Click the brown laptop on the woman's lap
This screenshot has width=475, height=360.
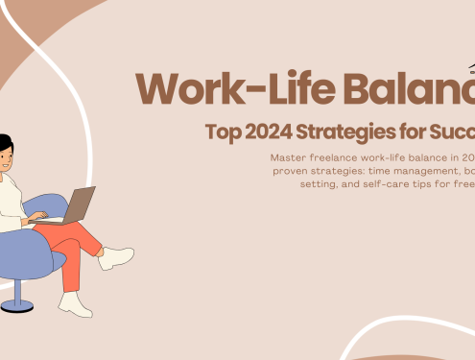click(x=75, y=204)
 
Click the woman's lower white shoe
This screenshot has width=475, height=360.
click(x=75, y=304)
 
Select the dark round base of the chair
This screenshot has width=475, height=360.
click(x=17, y=306)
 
